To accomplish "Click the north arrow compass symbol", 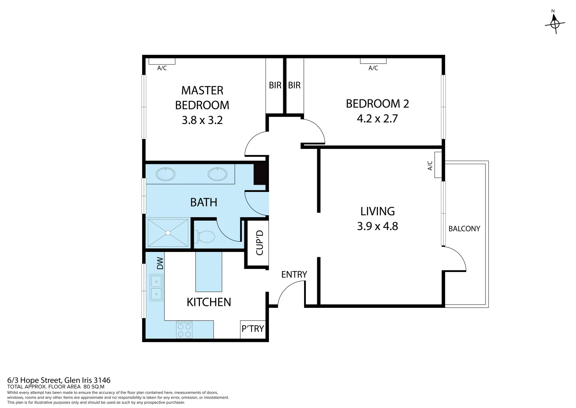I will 554,23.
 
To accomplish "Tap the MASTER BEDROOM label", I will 202,97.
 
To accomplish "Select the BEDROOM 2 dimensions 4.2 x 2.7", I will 377,119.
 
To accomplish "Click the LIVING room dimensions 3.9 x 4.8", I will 377,226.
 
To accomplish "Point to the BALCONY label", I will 464,229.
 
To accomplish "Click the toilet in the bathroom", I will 205,237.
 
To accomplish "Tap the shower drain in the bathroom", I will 167,233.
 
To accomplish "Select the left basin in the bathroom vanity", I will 166,174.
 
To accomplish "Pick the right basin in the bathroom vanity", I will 217,174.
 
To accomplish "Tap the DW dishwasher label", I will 160,263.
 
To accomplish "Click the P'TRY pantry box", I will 252,329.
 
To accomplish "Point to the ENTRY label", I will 294,274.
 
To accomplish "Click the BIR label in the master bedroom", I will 275,85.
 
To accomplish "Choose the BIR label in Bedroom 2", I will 294,85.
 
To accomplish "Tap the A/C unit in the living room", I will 438,165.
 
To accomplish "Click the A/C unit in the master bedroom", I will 162,61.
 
